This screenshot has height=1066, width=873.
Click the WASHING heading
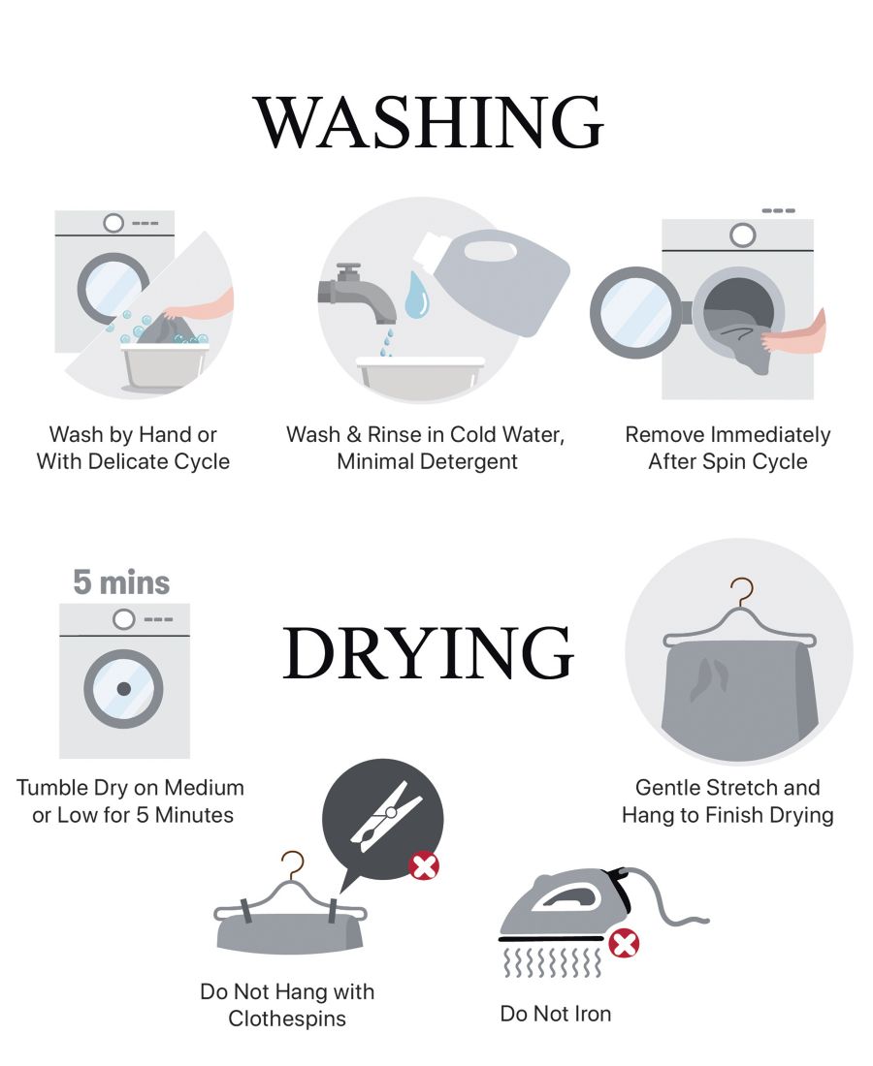pos(429,122)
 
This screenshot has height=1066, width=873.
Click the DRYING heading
pos(429,652)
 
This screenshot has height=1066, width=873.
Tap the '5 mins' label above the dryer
pos(121,582)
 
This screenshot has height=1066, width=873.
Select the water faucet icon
pos(356,293)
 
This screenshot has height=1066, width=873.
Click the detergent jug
pos(497,280)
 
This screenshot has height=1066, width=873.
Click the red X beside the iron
pos(624,944)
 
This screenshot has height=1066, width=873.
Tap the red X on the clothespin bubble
pos(423,866)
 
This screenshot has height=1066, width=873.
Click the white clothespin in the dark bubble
pos(386,816)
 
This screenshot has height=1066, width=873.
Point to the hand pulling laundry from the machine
pos(794,333)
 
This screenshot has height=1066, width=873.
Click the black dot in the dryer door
pos(123,689)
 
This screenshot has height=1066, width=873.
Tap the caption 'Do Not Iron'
pos(555,1014)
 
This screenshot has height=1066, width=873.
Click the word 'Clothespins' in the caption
pos(287,1019)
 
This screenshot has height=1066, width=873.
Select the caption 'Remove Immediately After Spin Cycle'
pos(727,448)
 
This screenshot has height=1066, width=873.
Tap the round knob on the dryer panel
pos(123,619)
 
